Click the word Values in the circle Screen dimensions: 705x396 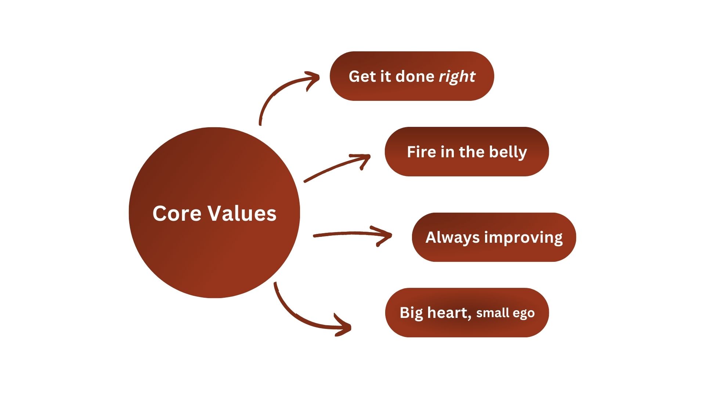click(x=243, y=213)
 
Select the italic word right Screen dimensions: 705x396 click(x=457, y=77)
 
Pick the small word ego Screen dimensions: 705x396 click(x=524, y=314)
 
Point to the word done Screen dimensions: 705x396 click(x=415, y=77)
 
